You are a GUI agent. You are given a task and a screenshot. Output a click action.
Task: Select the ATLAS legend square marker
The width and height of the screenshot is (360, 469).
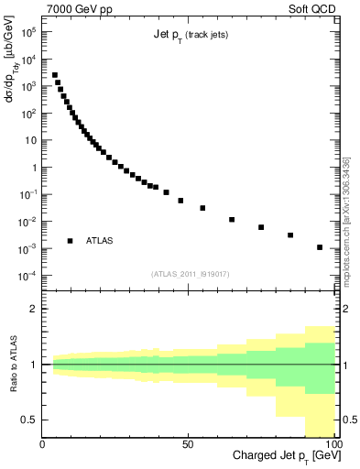pos(70,241)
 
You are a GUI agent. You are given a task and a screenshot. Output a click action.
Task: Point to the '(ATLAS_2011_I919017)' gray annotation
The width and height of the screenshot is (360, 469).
pos(190,273)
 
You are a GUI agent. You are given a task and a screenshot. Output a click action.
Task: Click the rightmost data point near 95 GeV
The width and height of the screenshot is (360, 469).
pos(320,247)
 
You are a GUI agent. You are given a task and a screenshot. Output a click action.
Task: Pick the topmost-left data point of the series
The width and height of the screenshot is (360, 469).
pos(55,75)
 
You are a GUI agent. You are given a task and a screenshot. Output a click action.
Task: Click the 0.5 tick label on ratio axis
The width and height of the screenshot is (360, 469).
pos(29,420)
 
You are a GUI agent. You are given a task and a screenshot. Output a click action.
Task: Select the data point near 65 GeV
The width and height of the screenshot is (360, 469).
pos(232,220)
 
